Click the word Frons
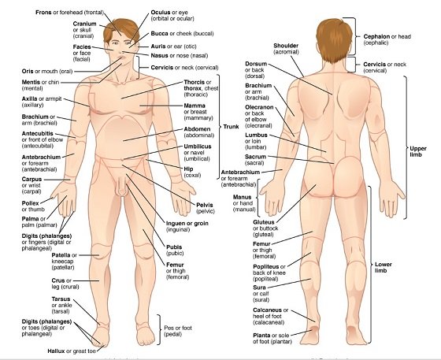43,13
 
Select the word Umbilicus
198,147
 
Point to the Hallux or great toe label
72,351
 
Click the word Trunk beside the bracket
231,127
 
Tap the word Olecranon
259,107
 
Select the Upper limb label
418,151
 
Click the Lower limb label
383,268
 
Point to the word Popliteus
266,266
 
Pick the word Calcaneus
267,310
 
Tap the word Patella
61,255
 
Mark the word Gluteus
264,222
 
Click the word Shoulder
286,46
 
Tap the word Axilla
30,98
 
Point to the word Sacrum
255,157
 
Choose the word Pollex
30,203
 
